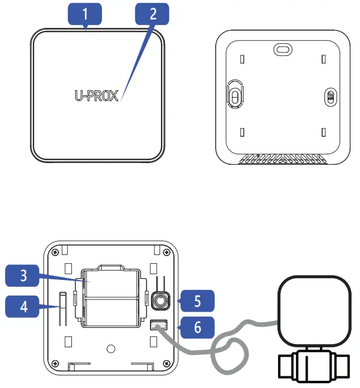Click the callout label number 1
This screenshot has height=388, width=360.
click(85, 13)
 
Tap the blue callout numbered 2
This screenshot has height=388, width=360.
click(153, 13)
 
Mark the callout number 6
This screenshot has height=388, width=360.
click(196, 328)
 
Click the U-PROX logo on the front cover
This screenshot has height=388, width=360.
click(97, 96)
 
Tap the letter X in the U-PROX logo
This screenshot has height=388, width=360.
click(114, 96)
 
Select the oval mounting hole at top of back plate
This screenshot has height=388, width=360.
click(282, 50)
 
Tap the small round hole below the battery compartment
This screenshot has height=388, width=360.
click(111, 349)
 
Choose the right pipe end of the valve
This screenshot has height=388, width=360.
click(345, 367)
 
